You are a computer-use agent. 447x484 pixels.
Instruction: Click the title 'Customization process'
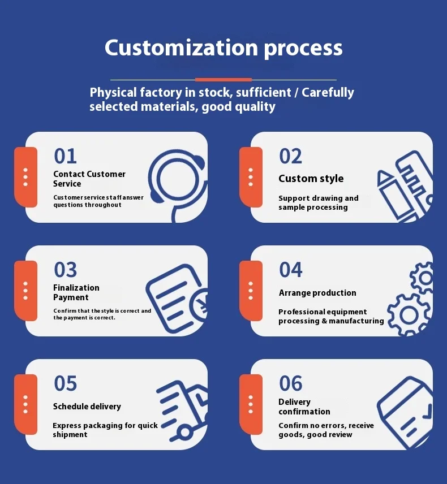(x=223, y=47)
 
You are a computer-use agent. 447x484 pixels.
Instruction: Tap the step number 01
(x=65, y=156)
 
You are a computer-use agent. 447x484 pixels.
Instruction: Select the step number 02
(x=290, y=156)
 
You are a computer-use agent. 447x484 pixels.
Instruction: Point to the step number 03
(x=65, y=270)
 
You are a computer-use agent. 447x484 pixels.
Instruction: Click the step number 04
(x=290, y=270)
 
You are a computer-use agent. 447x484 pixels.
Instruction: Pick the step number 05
(x=65, y=383)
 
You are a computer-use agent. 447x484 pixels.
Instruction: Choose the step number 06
(x=290, y=383)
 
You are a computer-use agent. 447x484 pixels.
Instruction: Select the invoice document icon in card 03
(x=177, y=299)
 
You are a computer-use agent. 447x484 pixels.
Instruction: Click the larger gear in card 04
(x=409, y=315)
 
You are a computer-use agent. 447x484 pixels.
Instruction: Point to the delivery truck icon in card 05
(x=182, y=411)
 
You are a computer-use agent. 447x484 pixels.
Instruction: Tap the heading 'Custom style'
(x=311, y=179)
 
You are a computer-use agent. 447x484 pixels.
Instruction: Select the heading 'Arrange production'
(x=317, y=293)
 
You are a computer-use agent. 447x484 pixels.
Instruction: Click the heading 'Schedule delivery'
(x=87, y=406)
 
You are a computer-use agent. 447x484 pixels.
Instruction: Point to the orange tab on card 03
(x=25, y=291)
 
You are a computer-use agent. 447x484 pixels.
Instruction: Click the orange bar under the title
(x=223, y=80)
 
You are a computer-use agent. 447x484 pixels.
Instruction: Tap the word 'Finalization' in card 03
(x=76, y=288)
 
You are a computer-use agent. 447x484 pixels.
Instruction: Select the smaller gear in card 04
(x=422, y=278)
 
